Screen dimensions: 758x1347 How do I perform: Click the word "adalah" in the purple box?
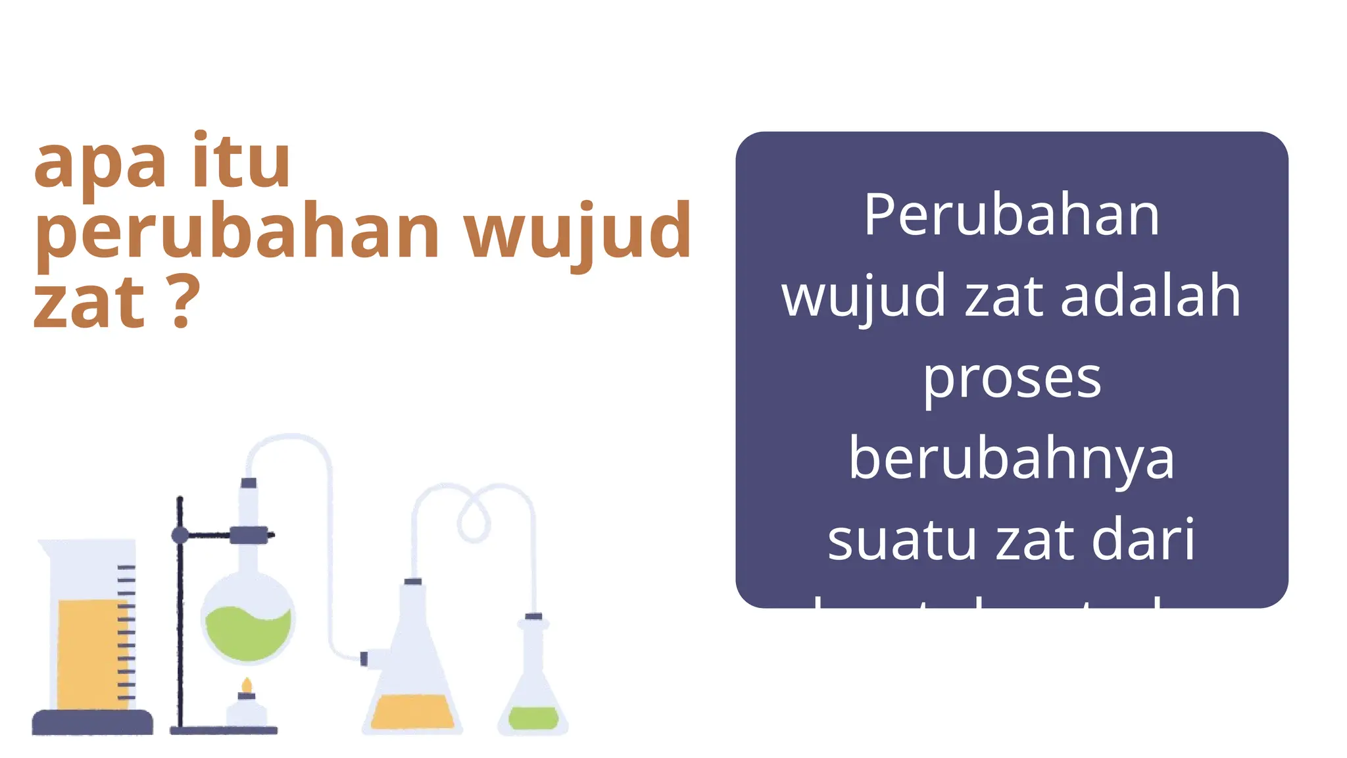click(x=1150, y=296)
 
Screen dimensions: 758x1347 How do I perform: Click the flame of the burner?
click(x=247, y=686)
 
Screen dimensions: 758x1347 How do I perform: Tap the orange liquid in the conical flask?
click(x=412, y=712)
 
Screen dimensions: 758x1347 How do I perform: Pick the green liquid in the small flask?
click(x=533, y=717)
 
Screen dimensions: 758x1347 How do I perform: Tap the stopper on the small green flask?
click(x=533, y=617)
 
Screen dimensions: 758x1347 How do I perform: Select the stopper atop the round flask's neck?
click(x=249, y=483)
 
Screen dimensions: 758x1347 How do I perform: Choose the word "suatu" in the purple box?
click(x=902, y=540)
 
